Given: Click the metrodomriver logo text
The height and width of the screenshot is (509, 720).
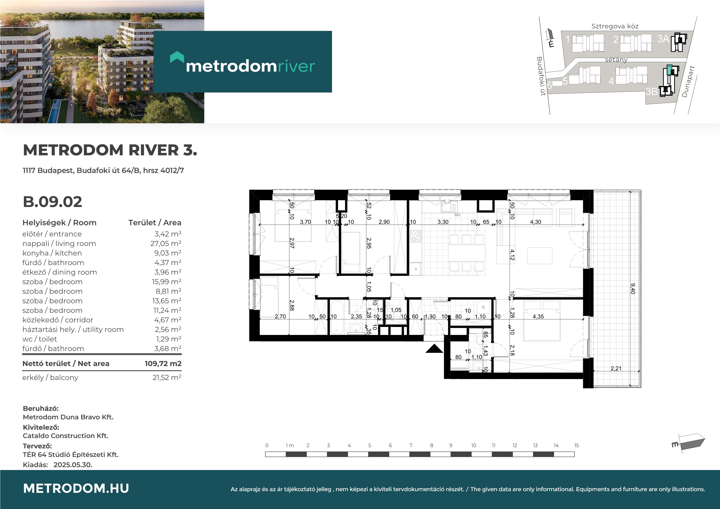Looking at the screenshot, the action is pos(250,66).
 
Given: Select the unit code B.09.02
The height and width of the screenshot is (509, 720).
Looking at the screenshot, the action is pos(52,202).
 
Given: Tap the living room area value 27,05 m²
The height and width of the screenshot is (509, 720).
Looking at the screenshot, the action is pos(166,244).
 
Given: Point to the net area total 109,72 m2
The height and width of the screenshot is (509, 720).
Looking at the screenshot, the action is pos(163,363).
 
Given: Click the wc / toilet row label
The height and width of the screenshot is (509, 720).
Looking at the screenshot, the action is pos(40,339).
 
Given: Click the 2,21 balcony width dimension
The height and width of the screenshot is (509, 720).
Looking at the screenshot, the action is pos(616,368).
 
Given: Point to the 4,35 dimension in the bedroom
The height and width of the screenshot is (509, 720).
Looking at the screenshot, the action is pos(538,317).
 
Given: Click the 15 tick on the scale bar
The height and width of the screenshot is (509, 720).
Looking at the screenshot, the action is pos(576,445).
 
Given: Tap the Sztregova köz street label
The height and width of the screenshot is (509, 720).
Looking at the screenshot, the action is pos(615,26).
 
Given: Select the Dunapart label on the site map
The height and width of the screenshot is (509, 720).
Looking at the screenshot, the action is pos(688,81).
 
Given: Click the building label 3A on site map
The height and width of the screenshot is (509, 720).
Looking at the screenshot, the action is pos(663,39).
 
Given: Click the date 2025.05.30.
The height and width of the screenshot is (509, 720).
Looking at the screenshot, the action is pos(73,465).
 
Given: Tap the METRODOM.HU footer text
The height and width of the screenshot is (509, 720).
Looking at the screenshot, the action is pos(76,488).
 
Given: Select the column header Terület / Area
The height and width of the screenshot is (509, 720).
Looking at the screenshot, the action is pos(155,223).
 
